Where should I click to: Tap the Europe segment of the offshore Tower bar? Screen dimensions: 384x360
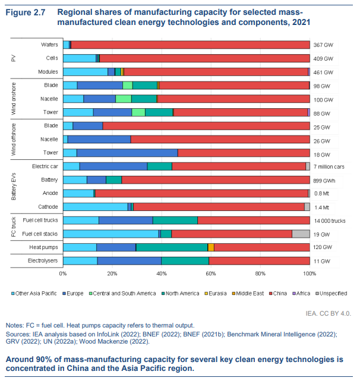(127, 153)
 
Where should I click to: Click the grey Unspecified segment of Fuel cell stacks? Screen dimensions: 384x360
(301, 234)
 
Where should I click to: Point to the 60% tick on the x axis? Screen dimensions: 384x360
(211, 274)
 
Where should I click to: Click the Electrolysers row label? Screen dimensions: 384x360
(41, 261)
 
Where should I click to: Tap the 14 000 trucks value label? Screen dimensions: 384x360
(330, 221)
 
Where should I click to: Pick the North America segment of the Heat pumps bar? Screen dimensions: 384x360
(172, 247)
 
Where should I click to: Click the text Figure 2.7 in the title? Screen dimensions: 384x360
(24, 12)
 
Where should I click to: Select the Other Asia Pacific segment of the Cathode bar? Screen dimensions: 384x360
(95, 207)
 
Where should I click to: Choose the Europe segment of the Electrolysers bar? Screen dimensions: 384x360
(129, 261)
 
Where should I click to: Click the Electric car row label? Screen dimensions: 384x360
(44, 166)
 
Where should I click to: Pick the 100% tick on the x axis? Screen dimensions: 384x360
(310, 274)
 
